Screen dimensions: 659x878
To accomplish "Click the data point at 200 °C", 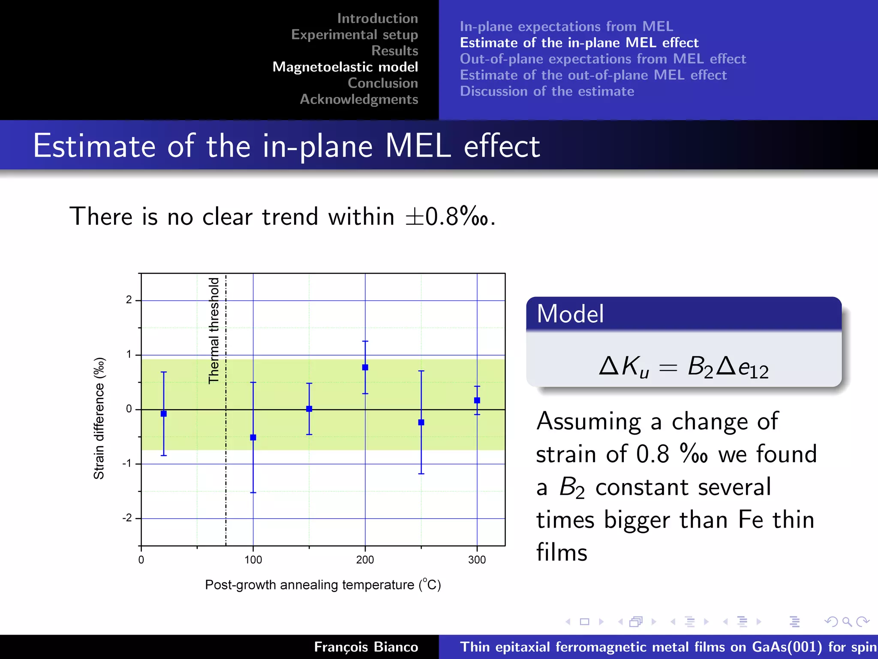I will [x=365, y=367].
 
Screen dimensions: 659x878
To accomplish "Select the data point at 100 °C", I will [x=253, y=437].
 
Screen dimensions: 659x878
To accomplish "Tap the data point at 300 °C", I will [x=477, y=400].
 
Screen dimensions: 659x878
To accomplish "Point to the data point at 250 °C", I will [x=421, y=422].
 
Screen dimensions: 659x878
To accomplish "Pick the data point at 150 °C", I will [x=309, y=409].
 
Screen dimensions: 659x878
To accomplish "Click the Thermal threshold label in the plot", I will [x=214, y=330].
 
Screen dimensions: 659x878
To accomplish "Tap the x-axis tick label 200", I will [x=365, y=560].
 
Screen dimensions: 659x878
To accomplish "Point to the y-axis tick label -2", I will [x=127, y=518].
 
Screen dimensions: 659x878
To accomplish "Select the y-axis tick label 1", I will [x=129, y=354].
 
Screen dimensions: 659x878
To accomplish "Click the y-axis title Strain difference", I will [x=99, y=418].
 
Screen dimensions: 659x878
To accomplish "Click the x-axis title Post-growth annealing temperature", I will [x=322, y=585].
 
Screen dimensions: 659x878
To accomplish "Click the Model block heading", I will [x=570, y=314].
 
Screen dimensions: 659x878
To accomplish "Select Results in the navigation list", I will [x=394, y=51].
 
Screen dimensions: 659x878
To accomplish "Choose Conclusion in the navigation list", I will [x=382, y=83].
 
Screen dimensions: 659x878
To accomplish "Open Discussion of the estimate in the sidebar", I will [x=547, y=91].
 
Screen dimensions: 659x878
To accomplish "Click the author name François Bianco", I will [x=366, y=647].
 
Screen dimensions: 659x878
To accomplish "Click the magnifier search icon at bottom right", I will [x=847, y=621].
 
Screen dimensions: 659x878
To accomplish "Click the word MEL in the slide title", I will [x=418, y=146].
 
